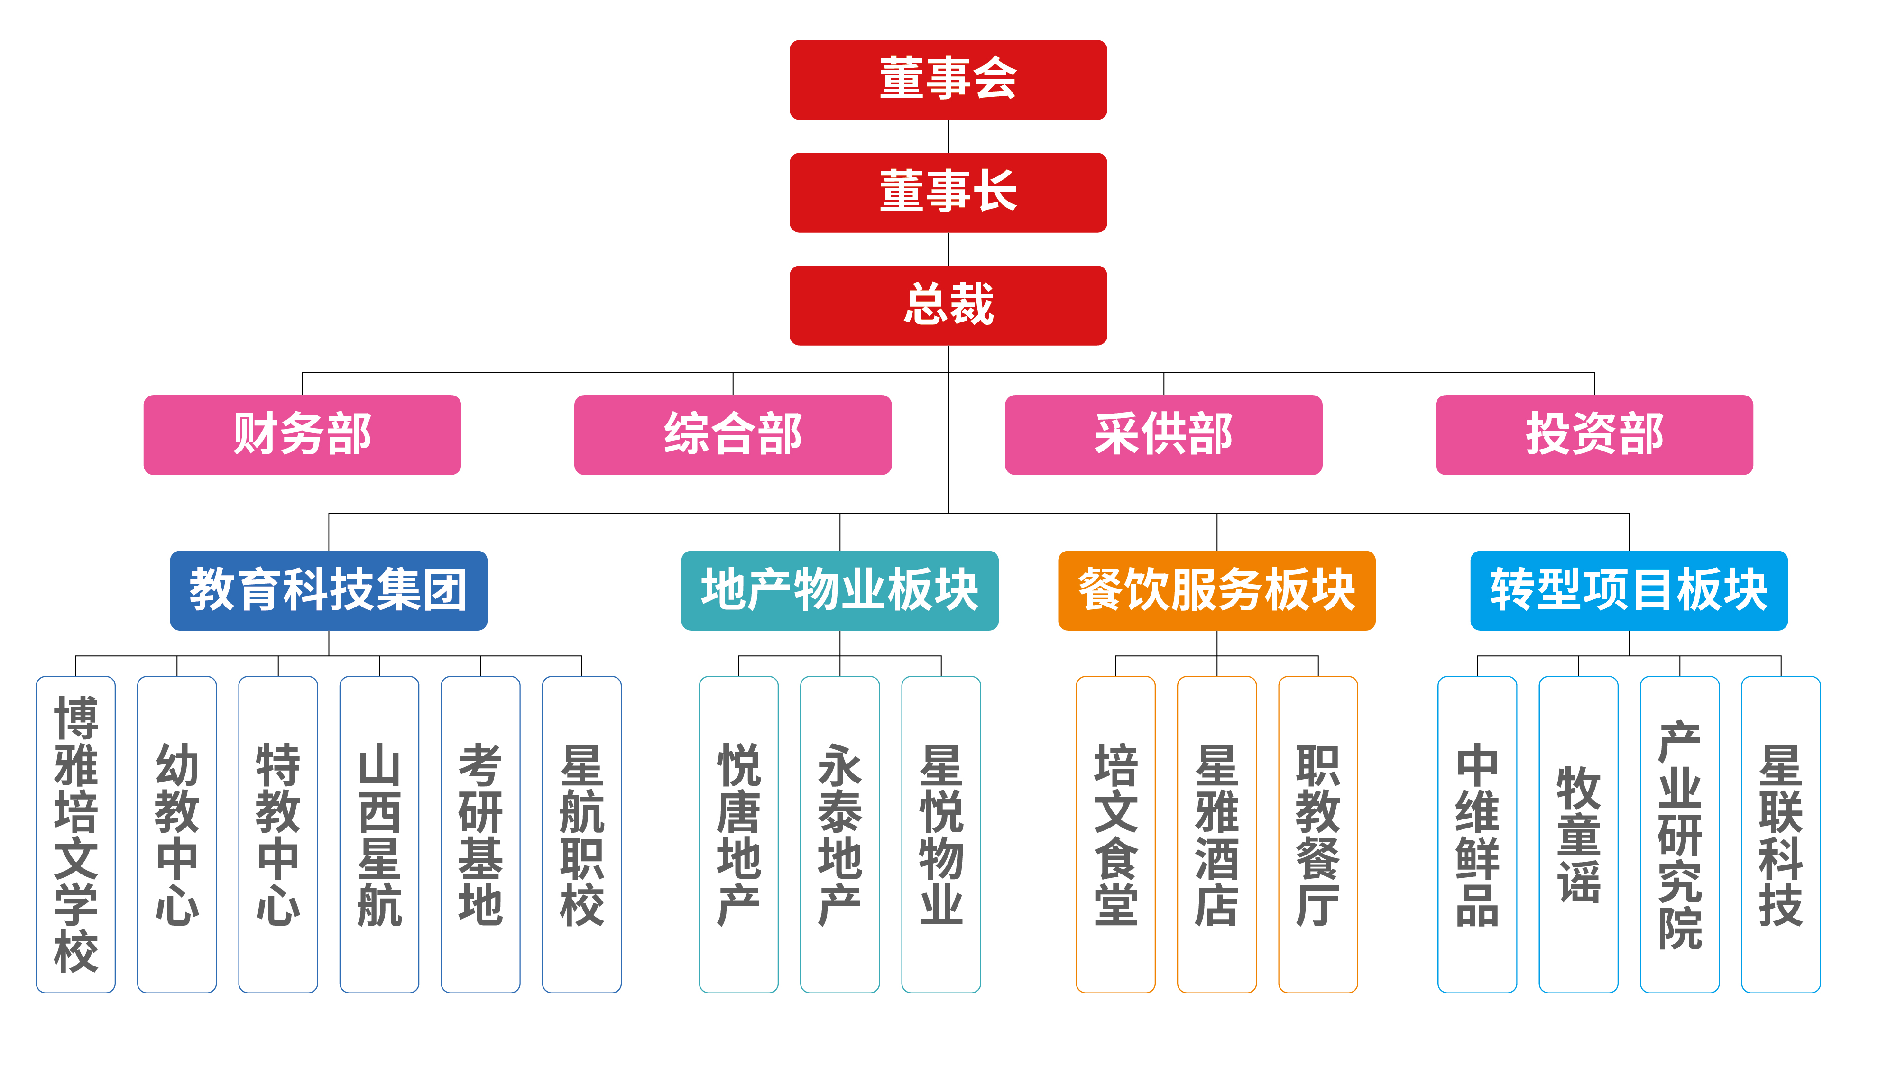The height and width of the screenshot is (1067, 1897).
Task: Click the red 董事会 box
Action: point(948,80)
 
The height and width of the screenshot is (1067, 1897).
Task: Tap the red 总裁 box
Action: point(948,305)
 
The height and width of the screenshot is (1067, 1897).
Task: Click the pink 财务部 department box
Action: point(302,434)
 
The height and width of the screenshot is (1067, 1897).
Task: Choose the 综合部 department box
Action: point(733,434)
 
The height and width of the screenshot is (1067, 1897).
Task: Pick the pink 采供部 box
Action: point(1163,434)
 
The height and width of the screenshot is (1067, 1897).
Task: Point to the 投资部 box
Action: point(1594,434)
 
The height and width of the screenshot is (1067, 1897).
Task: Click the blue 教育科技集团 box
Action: point(329,590)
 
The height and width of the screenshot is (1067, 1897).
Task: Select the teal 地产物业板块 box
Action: point(839,590)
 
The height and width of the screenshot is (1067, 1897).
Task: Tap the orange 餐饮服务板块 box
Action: point(1216,590)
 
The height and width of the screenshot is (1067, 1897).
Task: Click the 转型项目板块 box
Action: point(1629,590)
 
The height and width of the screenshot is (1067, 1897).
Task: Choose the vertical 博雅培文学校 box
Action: point(76,834)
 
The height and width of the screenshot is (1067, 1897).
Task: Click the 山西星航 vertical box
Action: point(379,834)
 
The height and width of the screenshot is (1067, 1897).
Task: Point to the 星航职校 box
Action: point(582,834)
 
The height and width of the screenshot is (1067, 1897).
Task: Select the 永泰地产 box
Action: point(839,834)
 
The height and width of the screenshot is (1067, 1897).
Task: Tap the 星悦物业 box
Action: point(941,834)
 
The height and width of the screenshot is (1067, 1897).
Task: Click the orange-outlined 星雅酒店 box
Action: point(1216,834)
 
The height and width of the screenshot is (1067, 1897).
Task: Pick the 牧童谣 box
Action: point(1578,834)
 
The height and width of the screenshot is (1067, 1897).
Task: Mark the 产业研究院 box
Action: point(1680,834)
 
